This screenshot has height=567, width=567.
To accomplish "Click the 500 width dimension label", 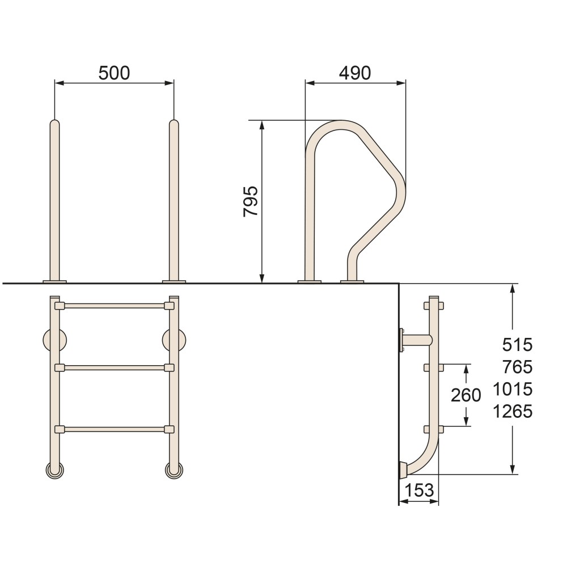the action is coord(114,73).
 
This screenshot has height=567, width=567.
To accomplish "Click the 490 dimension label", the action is coord(355,73).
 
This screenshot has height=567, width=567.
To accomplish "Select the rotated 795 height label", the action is coord(251,201).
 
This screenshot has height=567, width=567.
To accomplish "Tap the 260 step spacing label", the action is coord(466,395).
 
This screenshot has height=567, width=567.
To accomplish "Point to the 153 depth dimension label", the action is coord(419,490).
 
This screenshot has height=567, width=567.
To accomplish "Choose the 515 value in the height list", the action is coord(518,345).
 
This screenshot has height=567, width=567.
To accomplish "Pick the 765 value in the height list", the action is coord(518,367).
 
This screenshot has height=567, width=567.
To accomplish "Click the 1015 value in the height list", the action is coord(513,390).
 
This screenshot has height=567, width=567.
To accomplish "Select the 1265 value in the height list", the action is coord(513,412).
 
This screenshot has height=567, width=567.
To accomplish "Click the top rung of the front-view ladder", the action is coord(115,306).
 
